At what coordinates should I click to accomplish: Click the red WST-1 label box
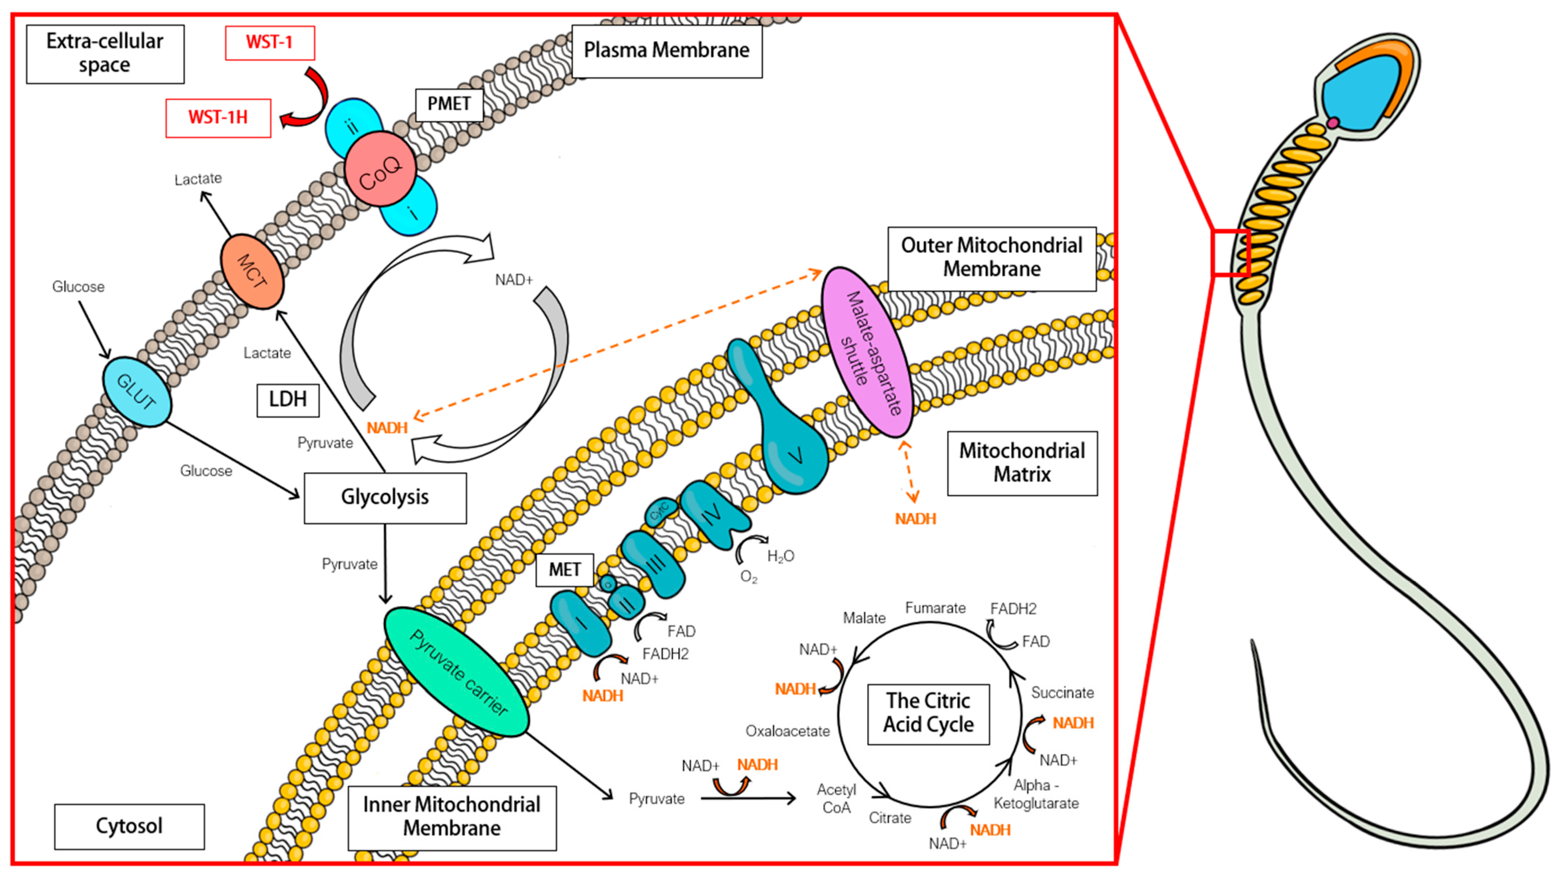(270, 43)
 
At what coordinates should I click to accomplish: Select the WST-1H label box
(218, 117)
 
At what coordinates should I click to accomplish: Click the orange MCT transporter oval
(252, 271)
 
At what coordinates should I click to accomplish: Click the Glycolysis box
(385, 498)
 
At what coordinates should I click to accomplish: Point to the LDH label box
(288, 400)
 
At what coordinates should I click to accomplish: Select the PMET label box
(449, 104)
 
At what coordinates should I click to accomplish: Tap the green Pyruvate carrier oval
(456, 672)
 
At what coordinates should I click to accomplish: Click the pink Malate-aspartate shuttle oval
(867, 352)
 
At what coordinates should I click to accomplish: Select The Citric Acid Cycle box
(928, 713)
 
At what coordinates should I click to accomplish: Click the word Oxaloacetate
(788, 731)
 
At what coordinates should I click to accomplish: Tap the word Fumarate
(935, 608)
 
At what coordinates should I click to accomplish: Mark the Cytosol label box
(130, 826)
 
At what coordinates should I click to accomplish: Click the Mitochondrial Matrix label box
(1022, 463)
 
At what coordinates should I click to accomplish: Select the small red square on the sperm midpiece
(1231, 253)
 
